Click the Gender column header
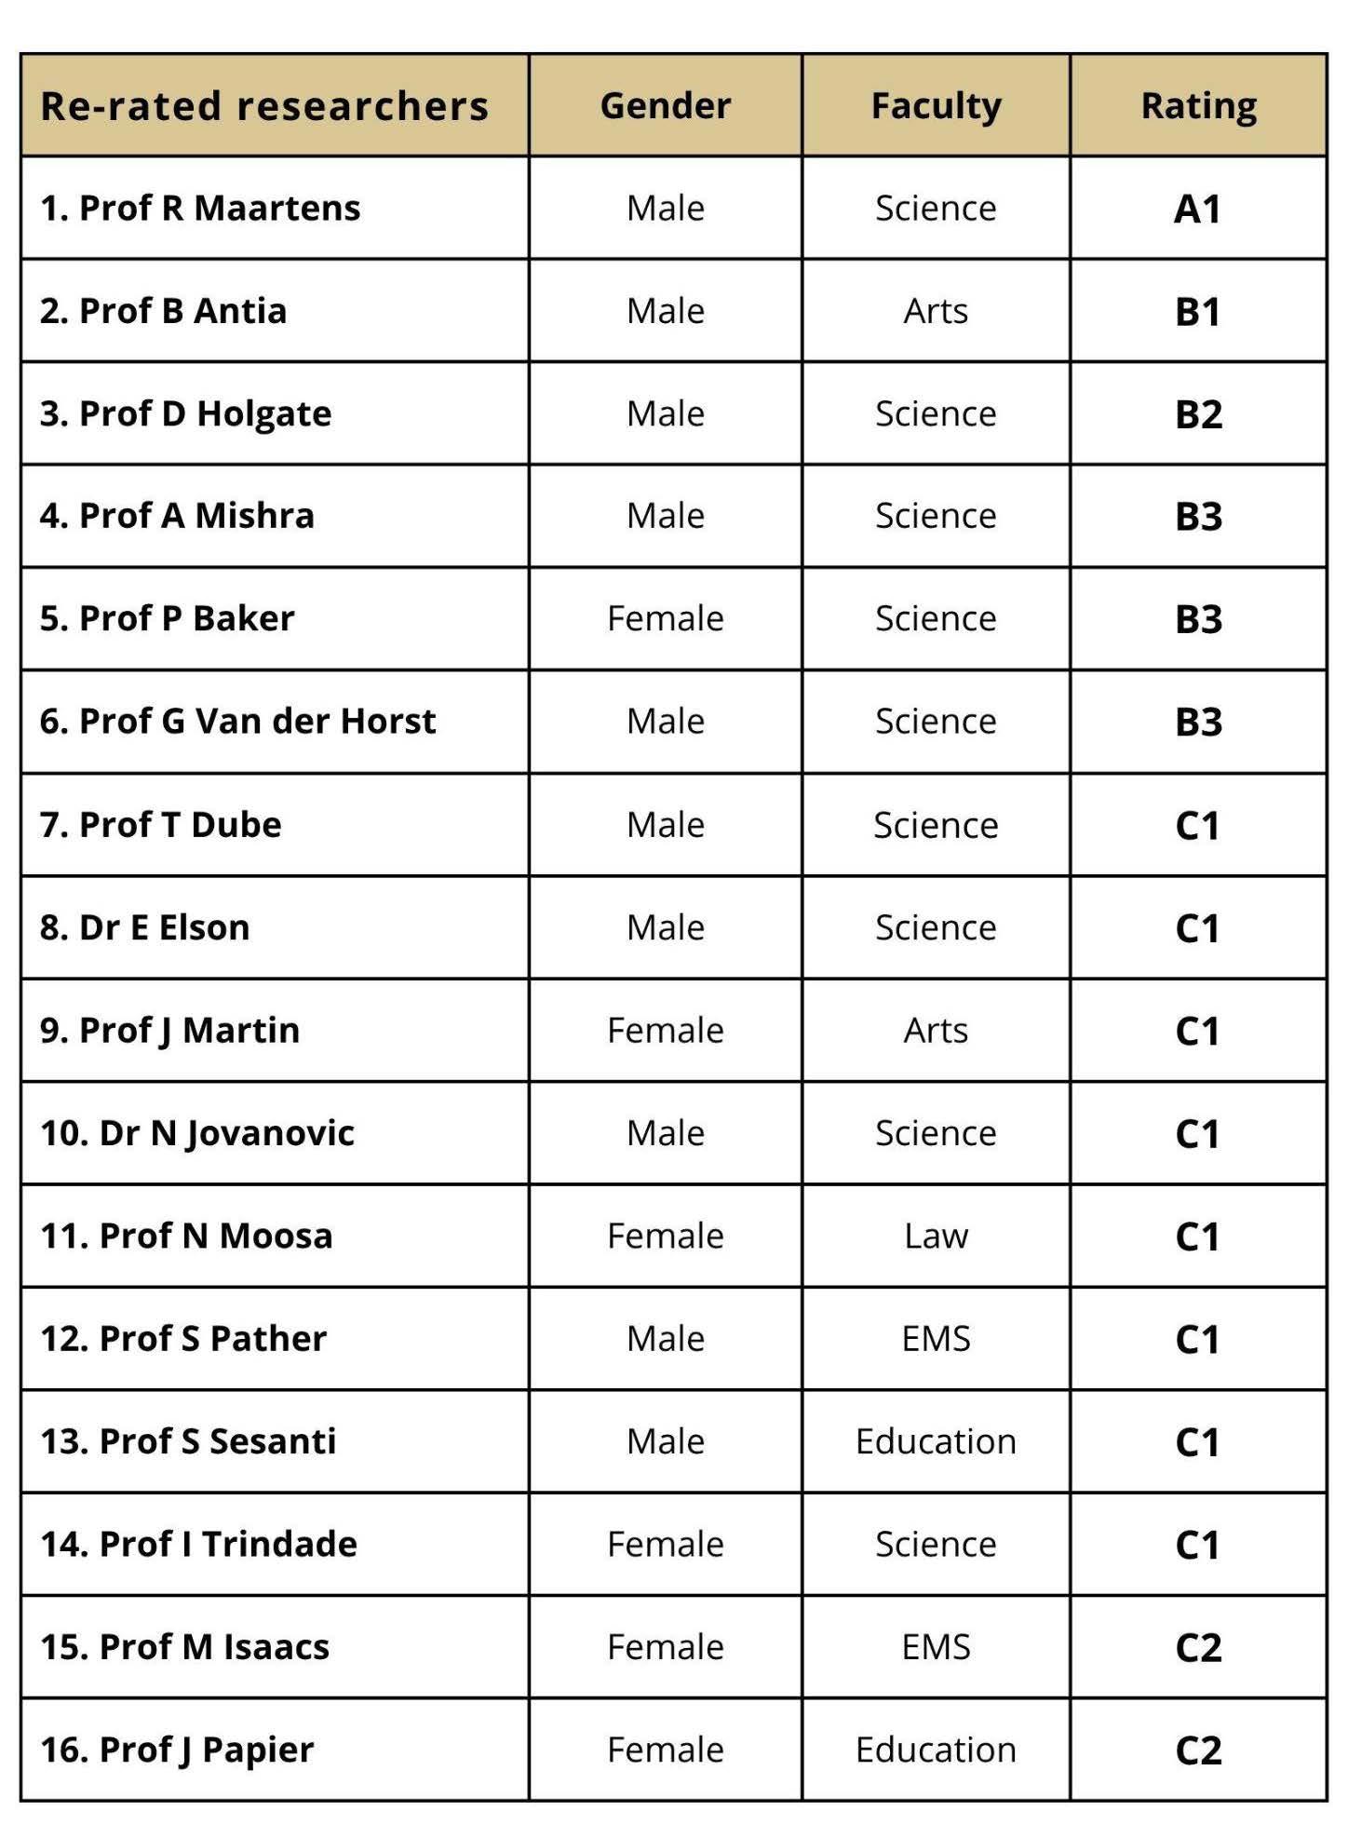point(665,106)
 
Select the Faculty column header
point(936,106)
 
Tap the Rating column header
point(1198,106)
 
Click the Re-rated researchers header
point(264,106)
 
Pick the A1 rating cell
point(1197,209)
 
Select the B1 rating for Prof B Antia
point(1197,311)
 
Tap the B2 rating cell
point(1198,414)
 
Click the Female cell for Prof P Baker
point(665,618)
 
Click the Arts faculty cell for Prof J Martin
point(936,1031)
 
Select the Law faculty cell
point(936,1237)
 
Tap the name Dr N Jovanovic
point(197,1133)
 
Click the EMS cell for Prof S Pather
point(936,1339)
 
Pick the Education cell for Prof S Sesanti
point(936,1441)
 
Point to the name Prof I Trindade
point(199,1545)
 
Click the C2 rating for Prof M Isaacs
point(1198,1648)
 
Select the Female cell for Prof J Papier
point(665,1750)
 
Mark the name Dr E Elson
point(145,928)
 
